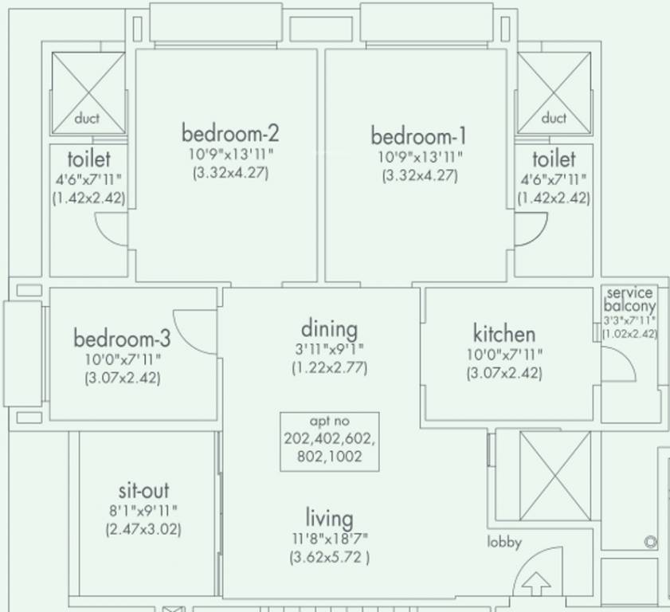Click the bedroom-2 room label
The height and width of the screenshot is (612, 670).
point(229,131)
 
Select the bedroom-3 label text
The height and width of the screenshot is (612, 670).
point(122,338)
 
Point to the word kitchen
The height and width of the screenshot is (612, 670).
point(504,333)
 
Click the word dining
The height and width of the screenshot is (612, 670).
point(329,328)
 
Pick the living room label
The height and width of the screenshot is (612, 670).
point(329,518)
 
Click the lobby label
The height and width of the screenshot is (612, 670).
point(504,543)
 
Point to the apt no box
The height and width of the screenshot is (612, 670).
point(329,441)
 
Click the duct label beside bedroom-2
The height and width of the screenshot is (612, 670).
point(87,119)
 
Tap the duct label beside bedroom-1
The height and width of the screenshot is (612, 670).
point(554,118)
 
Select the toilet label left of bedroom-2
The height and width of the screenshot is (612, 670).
point(88,159)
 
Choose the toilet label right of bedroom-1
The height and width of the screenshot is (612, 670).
point(554,159)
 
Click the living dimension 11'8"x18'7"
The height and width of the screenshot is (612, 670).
point(329,539)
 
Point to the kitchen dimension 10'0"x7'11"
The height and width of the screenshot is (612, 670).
point(504,355)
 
